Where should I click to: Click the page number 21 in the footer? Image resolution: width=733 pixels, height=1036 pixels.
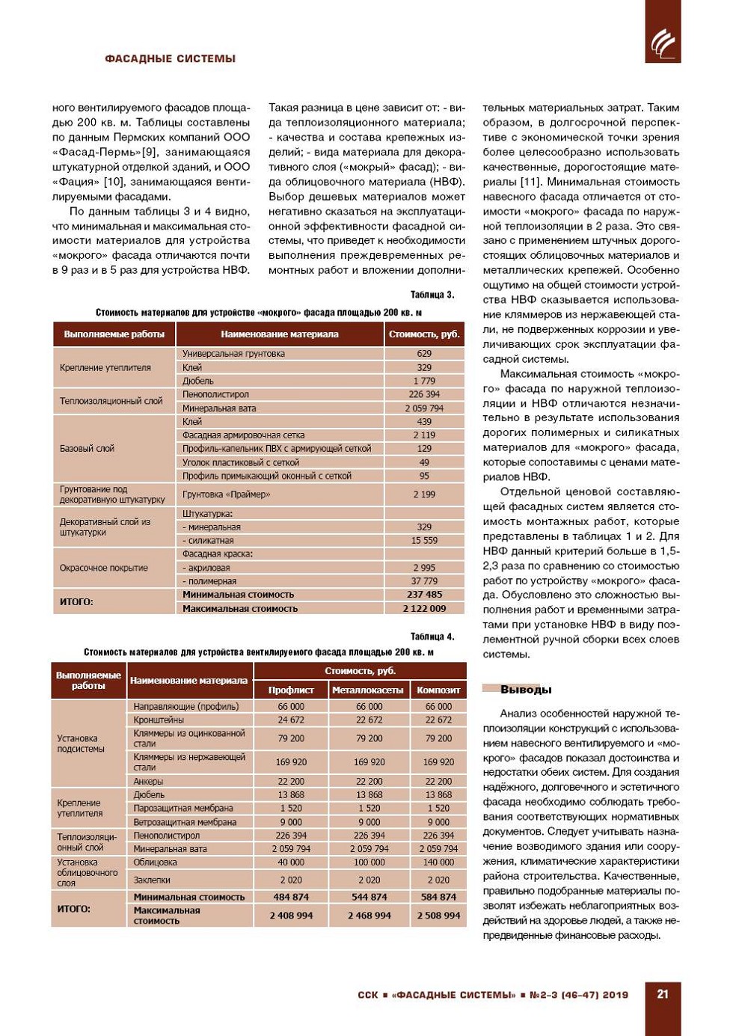tap(663, 994)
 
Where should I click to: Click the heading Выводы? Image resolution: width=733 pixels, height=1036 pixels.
tap(526, 689)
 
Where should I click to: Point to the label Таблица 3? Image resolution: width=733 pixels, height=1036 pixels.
tap(432, 295)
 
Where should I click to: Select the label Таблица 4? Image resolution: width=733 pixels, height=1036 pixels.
tap(432, 637)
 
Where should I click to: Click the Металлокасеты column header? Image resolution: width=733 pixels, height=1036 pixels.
tap(368, 690)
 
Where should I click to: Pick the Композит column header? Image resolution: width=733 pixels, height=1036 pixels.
tap(438, 690)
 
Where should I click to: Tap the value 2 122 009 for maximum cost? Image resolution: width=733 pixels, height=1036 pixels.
tap(424, 608)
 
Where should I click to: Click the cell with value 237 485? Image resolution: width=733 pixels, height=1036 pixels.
tap(424, 595)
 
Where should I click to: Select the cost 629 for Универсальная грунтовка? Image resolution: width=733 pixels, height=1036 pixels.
tap(424, 354)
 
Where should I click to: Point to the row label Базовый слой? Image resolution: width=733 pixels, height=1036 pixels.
tap(87, 449)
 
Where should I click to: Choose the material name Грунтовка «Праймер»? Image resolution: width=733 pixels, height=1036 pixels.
tap(227, 494)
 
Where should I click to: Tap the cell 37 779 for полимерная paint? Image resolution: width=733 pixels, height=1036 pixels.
tap(424, 581)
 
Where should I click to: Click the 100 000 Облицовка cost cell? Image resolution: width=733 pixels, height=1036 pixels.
tap(369, 862)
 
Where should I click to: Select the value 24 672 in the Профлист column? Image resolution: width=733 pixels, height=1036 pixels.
tap(291, 720)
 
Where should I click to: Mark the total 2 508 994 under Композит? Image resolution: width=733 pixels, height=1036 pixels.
tap(438, 916)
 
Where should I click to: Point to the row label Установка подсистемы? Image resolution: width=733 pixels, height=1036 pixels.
tap(81, 744)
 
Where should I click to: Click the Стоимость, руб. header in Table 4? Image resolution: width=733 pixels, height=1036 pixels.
tap(360, 671)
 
